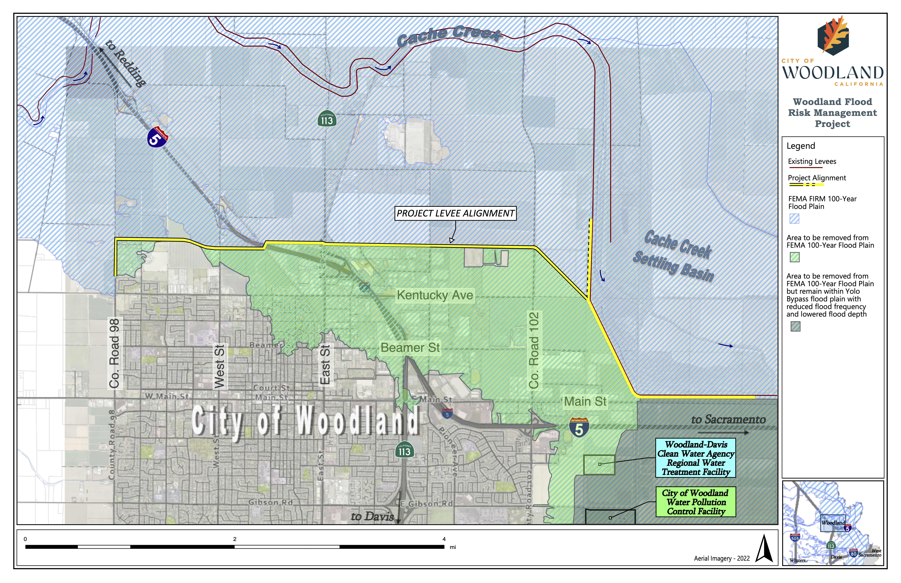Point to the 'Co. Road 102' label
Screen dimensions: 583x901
pos(534,350)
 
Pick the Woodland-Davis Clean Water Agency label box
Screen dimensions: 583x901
pos(696,458)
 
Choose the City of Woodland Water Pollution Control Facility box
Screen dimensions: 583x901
pos(696,502)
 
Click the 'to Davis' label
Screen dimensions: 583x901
pos(372,517)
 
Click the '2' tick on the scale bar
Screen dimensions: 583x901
pos(235,539)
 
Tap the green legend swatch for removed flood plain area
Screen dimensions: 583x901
pos(795,257)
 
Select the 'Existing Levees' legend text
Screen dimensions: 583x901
pos(812,162)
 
